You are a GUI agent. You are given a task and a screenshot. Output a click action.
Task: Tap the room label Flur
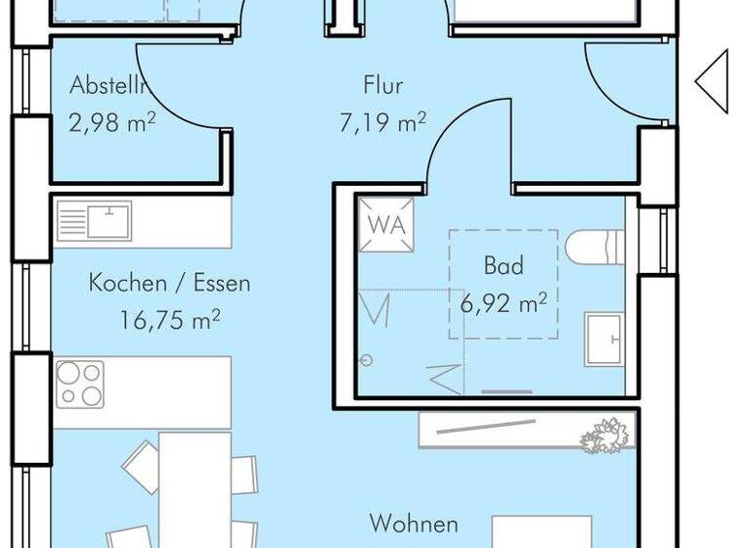(383, 86)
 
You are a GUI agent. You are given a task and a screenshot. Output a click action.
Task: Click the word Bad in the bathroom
(504, 266)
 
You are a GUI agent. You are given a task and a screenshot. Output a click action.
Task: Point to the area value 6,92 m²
(504, 302)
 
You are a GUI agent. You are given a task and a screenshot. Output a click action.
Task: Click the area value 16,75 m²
(169, 320)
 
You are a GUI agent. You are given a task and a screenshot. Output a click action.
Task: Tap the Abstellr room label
(109, 86)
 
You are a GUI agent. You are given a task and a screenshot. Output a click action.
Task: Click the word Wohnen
(414, 524)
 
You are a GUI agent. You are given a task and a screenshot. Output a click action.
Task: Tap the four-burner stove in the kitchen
(80, 384)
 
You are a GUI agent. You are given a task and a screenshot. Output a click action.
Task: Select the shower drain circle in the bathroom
(368, 360)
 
